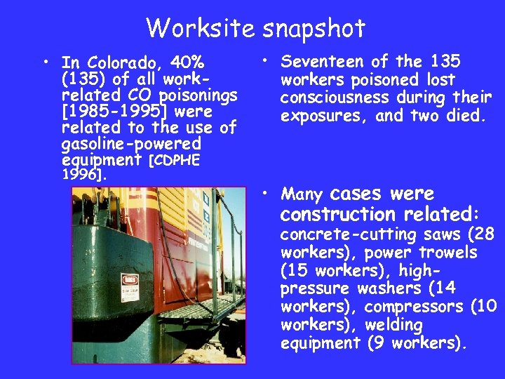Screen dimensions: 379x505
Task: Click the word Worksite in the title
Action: tap(201, 28)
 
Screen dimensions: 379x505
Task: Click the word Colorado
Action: tap(114, 64)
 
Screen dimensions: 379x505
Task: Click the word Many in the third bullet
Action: tap(302, 194)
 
